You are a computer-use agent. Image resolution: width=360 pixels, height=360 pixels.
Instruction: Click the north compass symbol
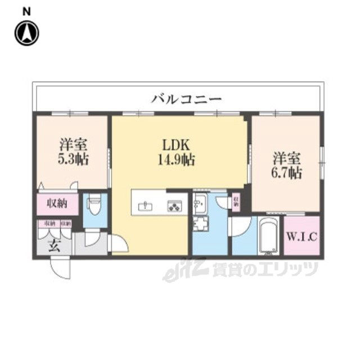pyautogui.click(x=26, y=33)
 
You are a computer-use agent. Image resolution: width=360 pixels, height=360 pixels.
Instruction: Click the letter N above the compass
pyautogui.click(x=26, y=11)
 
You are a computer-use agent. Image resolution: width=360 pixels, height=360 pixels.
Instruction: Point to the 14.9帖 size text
pyautogui.click(x=176, y=160)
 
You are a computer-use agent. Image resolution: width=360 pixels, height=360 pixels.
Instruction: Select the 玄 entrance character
pyautogui.click(x=53, y=246)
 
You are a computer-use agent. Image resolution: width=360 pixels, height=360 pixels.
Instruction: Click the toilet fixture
pyautogui.click(x=94, y=206)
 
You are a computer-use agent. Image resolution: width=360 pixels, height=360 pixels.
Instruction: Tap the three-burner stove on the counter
pyautogui.click(x=174, y=205)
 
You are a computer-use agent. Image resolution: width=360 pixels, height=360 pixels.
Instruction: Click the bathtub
pyautogui.click(x=267, y=237)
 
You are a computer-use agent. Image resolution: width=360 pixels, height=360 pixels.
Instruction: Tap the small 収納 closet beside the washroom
pyautogui.click(x=236, y=201)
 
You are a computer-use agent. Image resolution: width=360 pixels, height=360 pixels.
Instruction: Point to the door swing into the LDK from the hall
pyautogui.click(x=120, y=244)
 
